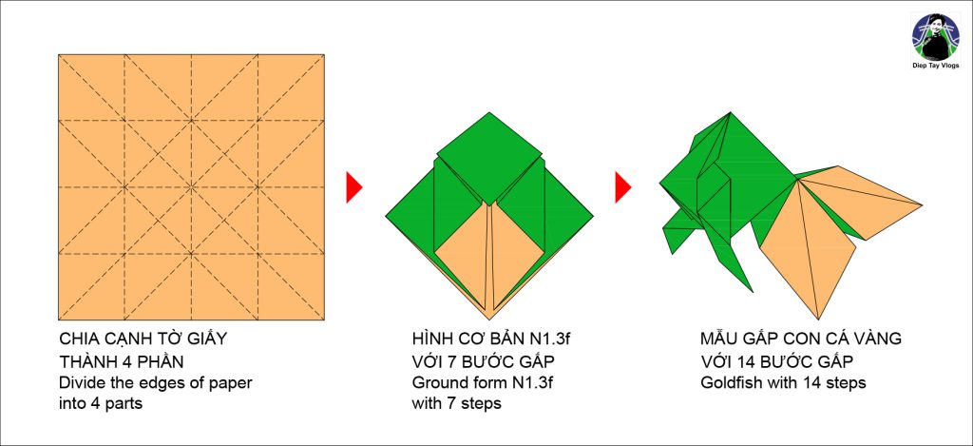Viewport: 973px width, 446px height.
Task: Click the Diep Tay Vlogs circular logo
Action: point(935,37)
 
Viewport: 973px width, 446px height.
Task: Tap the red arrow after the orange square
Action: point(353,187)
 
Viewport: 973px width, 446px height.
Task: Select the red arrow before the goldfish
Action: point(623,187)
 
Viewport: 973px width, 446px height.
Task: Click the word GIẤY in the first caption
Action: point(206,339)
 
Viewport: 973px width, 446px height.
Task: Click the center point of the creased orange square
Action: point(191,187)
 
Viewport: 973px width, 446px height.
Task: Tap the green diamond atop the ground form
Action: point(489,159)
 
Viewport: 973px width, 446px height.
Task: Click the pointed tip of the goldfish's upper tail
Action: point(922,204)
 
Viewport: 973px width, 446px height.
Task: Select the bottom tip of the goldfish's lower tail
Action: point(819,318)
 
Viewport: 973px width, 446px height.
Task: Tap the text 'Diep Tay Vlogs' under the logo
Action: point(935,66)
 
